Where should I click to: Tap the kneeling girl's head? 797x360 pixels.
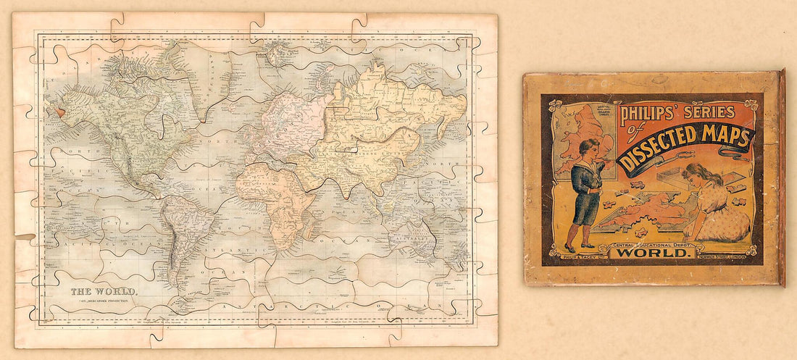click(x=693, y=175)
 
